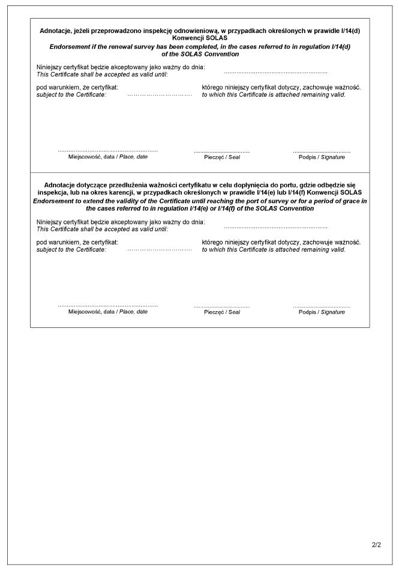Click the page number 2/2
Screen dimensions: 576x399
point(376,545)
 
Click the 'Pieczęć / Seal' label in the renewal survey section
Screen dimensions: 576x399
point(222,157)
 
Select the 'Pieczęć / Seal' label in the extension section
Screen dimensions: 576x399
point(222,312)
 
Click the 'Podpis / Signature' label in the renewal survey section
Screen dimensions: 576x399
point(322,157)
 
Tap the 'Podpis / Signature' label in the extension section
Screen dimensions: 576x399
point(322,312)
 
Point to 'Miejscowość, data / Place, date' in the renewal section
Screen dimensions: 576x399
point(108,156)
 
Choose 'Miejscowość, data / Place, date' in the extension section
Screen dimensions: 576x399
point(108,312)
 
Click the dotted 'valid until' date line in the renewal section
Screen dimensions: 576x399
point(275,72)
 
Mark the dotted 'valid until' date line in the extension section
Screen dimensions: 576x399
point(275,228)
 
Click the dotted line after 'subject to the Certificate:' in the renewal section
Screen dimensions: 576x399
point(160,95)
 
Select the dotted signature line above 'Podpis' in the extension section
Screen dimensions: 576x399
point(322,306)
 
